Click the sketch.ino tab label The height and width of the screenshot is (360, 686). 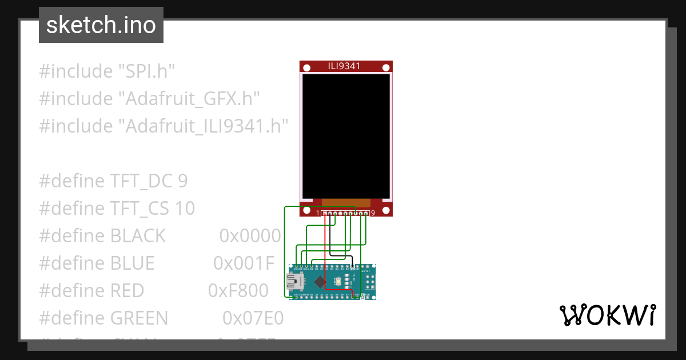101,25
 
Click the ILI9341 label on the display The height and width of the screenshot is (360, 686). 344,66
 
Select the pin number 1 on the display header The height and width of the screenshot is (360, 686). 318,213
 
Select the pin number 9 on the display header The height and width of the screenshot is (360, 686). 373,213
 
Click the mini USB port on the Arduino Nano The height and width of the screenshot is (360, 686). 295,281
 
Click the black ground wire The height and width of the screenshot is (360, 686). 330,240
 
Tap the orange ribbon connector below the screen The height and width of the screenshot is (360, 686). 346,202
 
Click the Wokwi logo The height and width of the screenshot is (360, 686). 607,315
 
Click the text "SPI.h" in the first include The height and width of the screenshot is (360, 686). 146,71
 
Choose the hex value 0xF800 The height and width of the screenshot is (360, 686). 238,290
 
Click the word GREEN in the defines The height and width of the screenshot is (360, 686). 139,318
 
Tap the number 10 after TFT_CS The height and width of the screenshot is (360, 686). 185,209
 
